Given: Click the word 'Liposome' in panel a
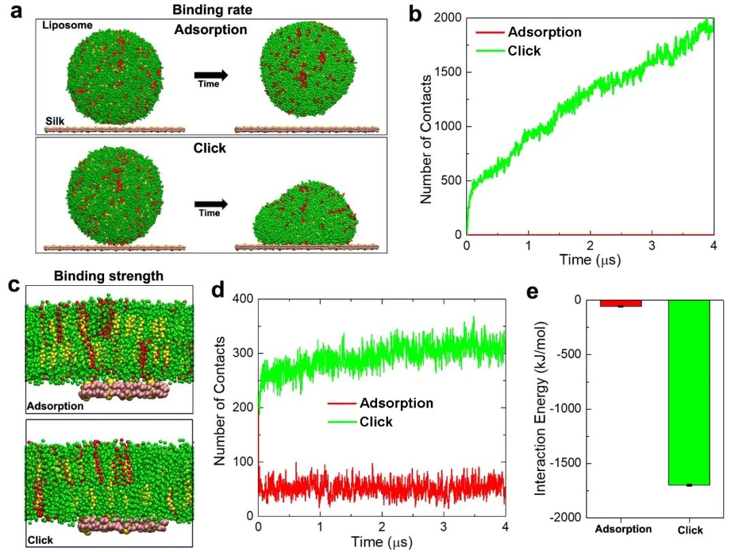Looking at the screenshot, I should (x=67, y=26).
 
